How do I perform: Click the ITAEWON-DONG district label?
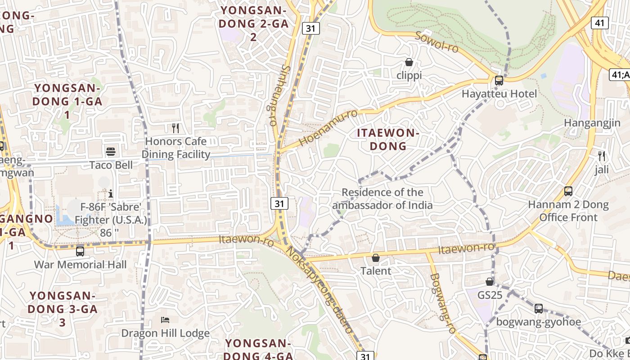click(x=388, y=139)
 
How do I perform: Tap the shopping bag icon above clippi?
click(x=409, y=62)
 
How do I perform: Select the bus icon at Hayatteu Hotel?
click(x=499, y=81)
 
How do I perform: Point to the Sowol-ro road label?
click(x=436, y=42)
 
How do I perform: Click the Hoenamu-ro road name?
click(x=328, y=128)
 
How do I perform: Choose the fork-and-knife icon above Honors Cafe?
click(x=175, y=128)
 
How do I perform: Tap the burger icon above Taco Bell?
click(x=111, y=152)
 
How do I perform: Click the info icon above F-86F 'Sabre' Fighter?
click(x=111, y=193)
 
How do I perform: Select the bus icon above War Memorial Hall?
click(x=80, y=251)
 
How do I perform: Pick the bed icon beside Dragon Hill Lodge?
click(x=165, y=320)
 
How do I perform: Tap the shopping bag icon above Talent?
click(x=375, y=258)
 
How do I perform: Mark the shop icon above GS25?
click(x=490, y=282)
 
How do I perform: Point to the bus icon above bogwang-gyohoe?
click(x=538, y=309)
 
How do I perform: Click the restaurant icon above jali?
click(x=601, y=157)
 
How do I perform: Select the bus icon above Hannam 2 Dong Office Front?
click(x=568, y=191)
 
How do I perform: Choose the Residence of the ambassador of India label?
click(x=382, y=199)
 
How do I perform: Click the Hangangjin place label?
click(x=592, y=123)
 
